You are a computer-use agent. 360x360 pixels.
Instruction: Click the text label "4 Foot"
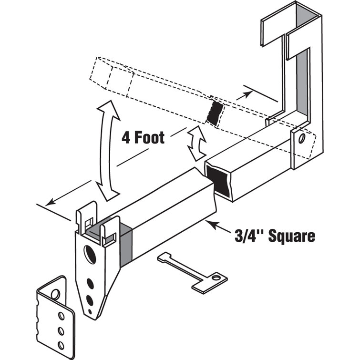coord(143,138)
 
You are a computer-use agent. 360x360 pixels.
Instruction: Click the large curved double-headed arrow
coord(109,150)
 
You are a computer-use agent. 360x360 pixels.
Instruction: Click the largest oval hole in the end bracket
coord(91,254)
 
